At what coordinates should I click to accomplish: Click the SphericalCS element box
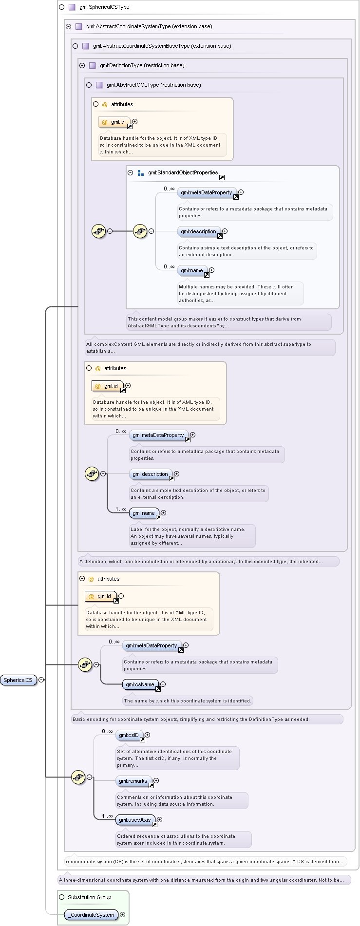(19, 680)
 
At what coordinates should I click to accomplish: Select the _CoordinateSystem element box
(92, 915)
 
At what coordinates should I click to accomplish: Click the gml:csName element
(141, 684)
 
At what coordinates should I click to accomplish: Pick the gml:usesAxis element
(135, 820)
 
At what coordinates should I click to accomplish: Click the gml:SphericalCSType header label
(104, 7)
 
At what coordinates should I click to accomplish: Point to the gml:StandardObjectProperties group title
(183, 172)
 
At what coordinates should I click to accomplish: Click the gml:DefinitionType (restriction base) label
(142, 65)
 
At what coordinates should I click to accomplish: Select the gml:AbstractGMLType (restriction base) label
(154, 85)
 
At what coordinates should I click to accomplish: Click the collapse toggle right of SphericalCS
(41, 680)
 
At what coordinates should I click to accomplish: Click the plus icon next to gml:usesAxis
(159, 820)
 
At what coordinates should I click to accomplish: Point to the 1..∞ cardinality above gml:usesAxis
(107, 816)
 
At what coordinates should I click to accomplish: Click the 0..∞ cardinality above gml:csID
(107, 731)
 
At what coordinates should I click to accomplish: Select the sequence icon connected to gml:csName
(85, 664)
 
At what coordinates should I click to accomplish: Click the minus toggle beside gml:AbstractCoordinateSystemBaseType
(76, 46)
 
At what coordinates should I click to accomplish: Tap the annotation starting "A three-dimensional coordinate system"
(204, 880)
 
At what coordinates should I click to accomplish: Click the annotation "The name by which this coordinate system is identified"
(188, 700)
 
